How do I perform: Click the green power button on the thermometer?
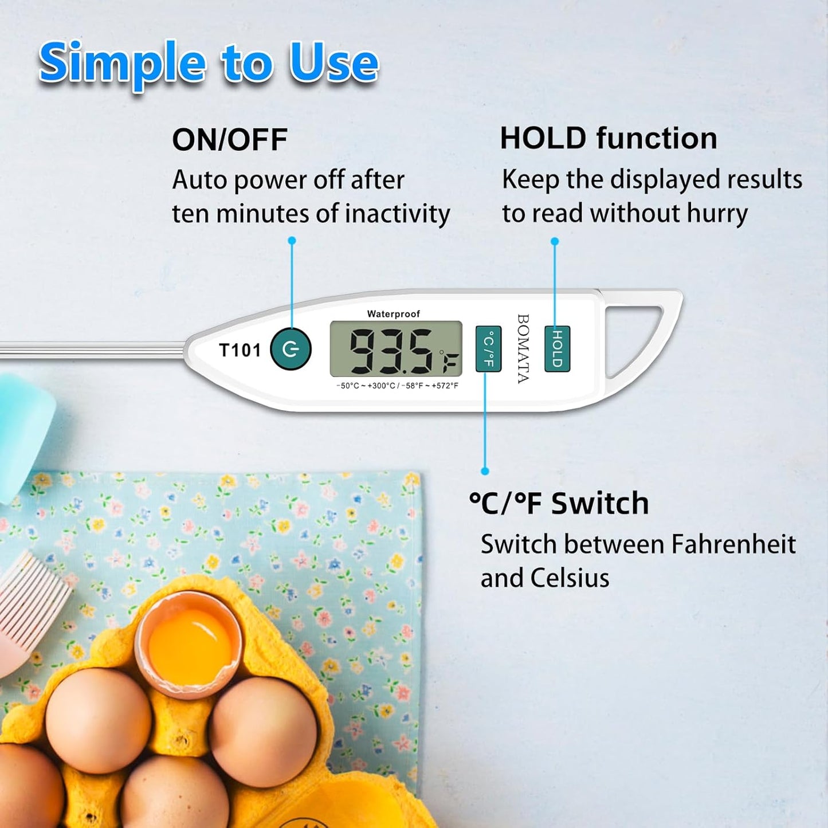[x=291, y=349]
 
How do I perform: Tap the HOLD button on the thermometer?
[x=557, y=348]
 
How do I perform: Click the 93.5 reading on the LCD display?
[x=391, y=350]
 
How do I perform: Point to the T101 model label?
[x=240, y=350]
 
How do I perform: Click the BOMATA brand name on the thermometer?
[x=523, y=348]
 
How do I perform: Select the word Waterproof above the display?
[x=393, y=314]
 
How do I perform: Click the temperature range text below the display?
[x=397, y=386]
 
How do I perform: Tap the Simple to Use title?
[x=209, y=63]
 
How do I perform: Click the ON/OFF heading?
[x=229, y=140]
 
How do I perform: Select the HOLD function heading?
[x=608, y=139]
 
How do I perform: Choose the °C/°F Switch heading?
[x=559, y=504]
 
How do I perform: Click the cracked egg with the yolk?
[x=189, y=645]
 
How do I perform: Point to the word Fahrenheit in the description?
[x=733, y=544]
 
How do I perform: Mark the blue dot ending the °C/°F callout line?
[x=485, y=471]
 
